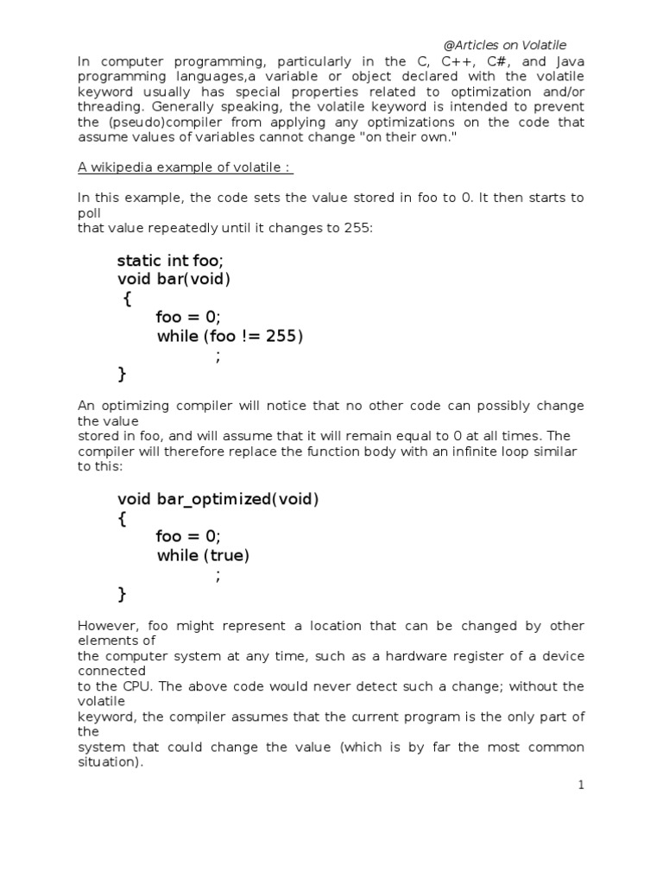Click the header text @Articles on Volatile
tap(504, 46)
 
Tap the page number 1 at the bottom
tap(581, 785)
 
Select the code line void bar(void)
tap(174, 280)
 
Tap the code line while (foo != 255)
tap(230, 336)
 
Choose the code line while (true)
tap(203, 556)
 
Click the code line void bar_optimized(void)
tap(218, 500)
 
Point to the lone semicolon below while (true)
tap(218, 576)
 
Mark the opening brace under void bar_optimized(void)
tap(122, 519)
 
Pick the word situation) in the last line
tap(110, 761)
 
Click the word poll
tap(89, 212)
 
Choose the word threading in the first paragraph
tap(109, 107)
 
